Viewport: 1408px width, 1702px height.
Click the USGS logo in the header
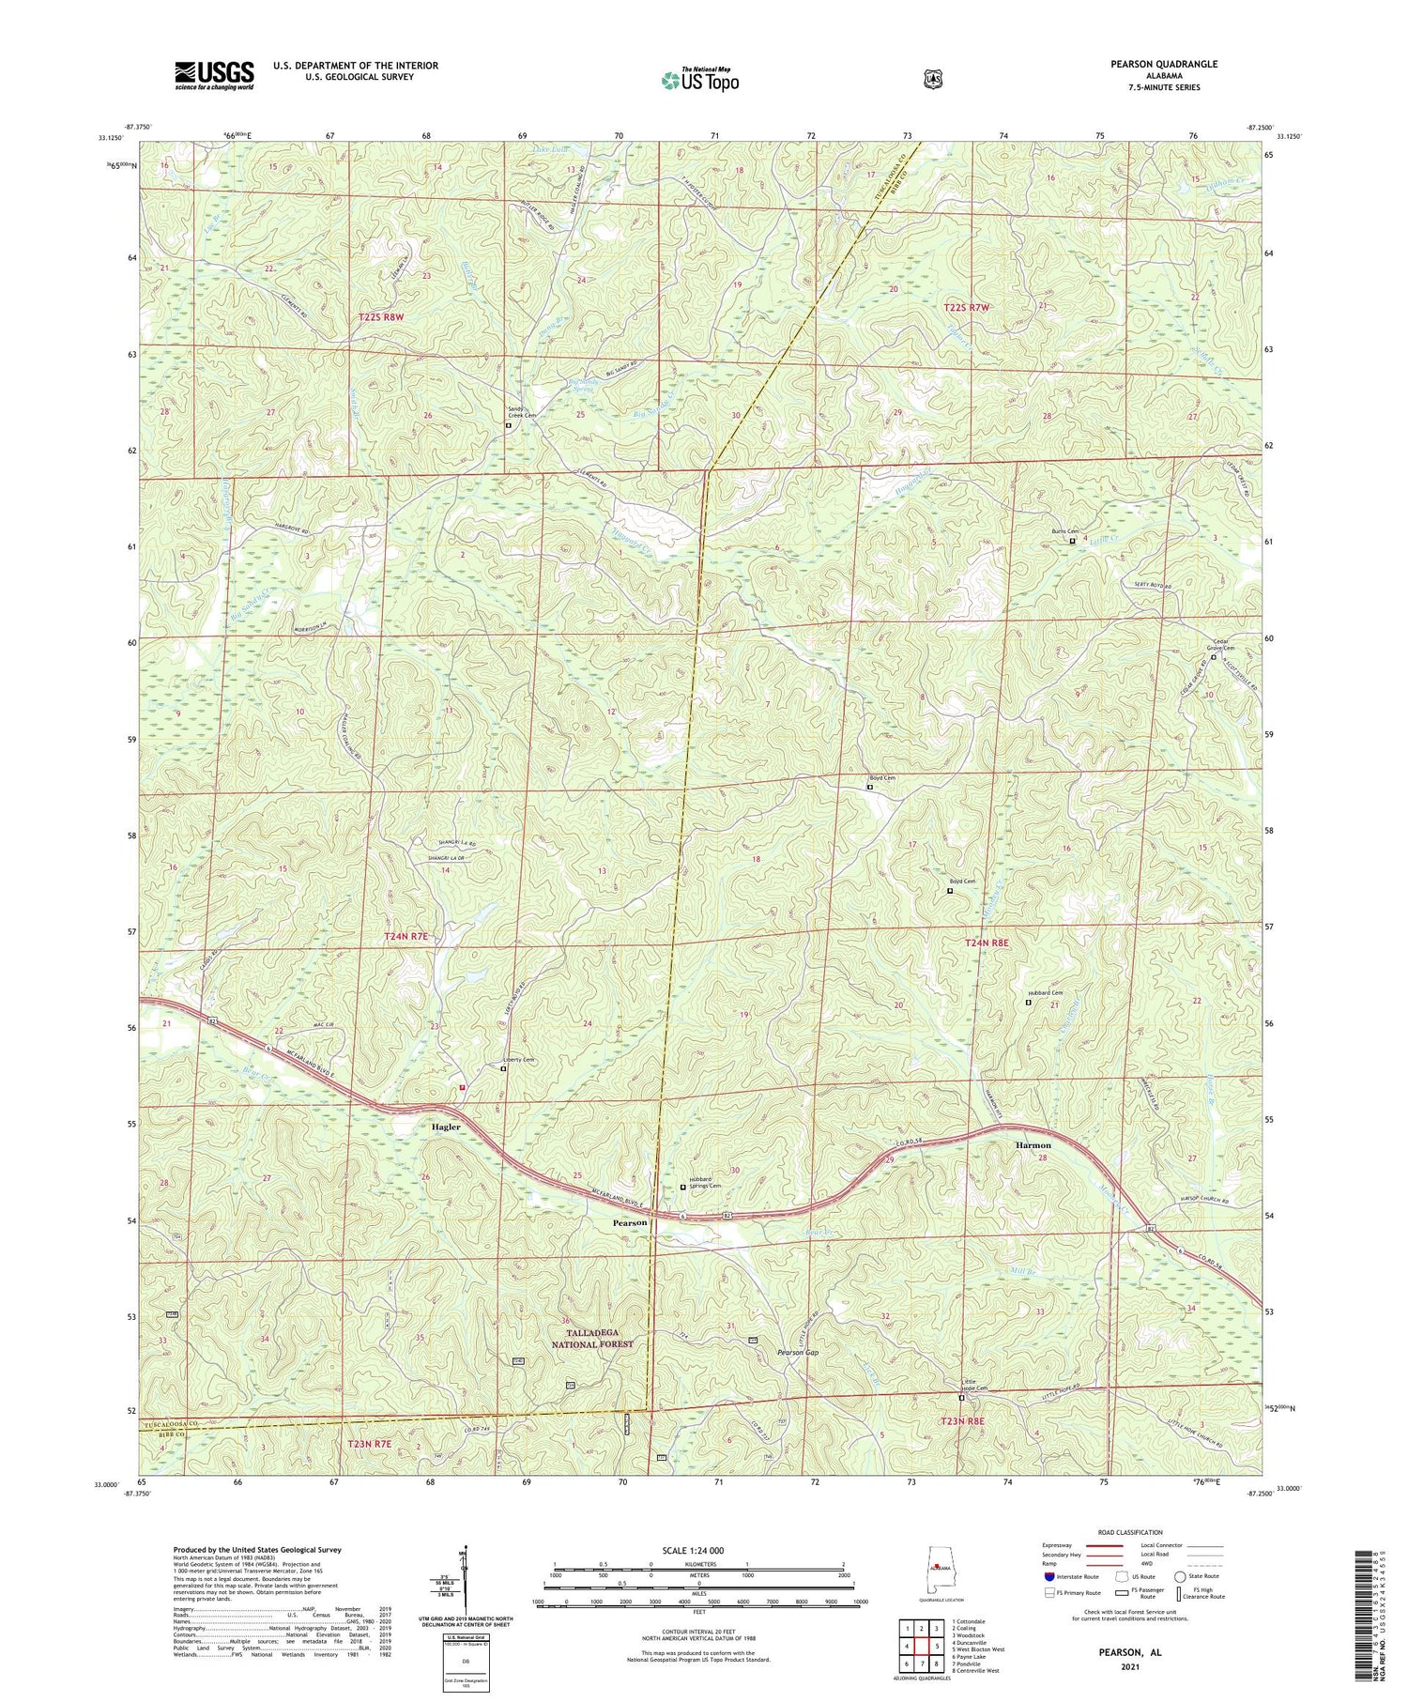click(214, 75)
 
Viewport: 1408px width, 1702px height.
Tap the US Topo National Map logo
click(699, 79)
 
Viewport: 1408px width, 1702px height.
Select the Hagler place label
click(446, 1127)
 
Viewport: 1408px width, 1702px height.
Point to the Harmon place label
click(1033, 1145)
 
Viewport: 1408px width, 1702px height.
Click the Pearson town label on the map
click(630, 1223)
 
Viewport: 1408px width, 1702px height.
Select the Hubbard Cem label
click(1043, 993)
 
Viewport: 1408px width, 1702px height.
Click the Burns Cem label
click(1064, 531)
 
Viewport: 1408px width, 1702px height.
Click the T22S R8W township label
click(381, 318)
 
